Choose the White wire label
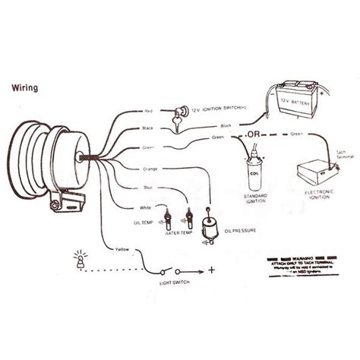146,207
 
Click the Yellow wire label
121,250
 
